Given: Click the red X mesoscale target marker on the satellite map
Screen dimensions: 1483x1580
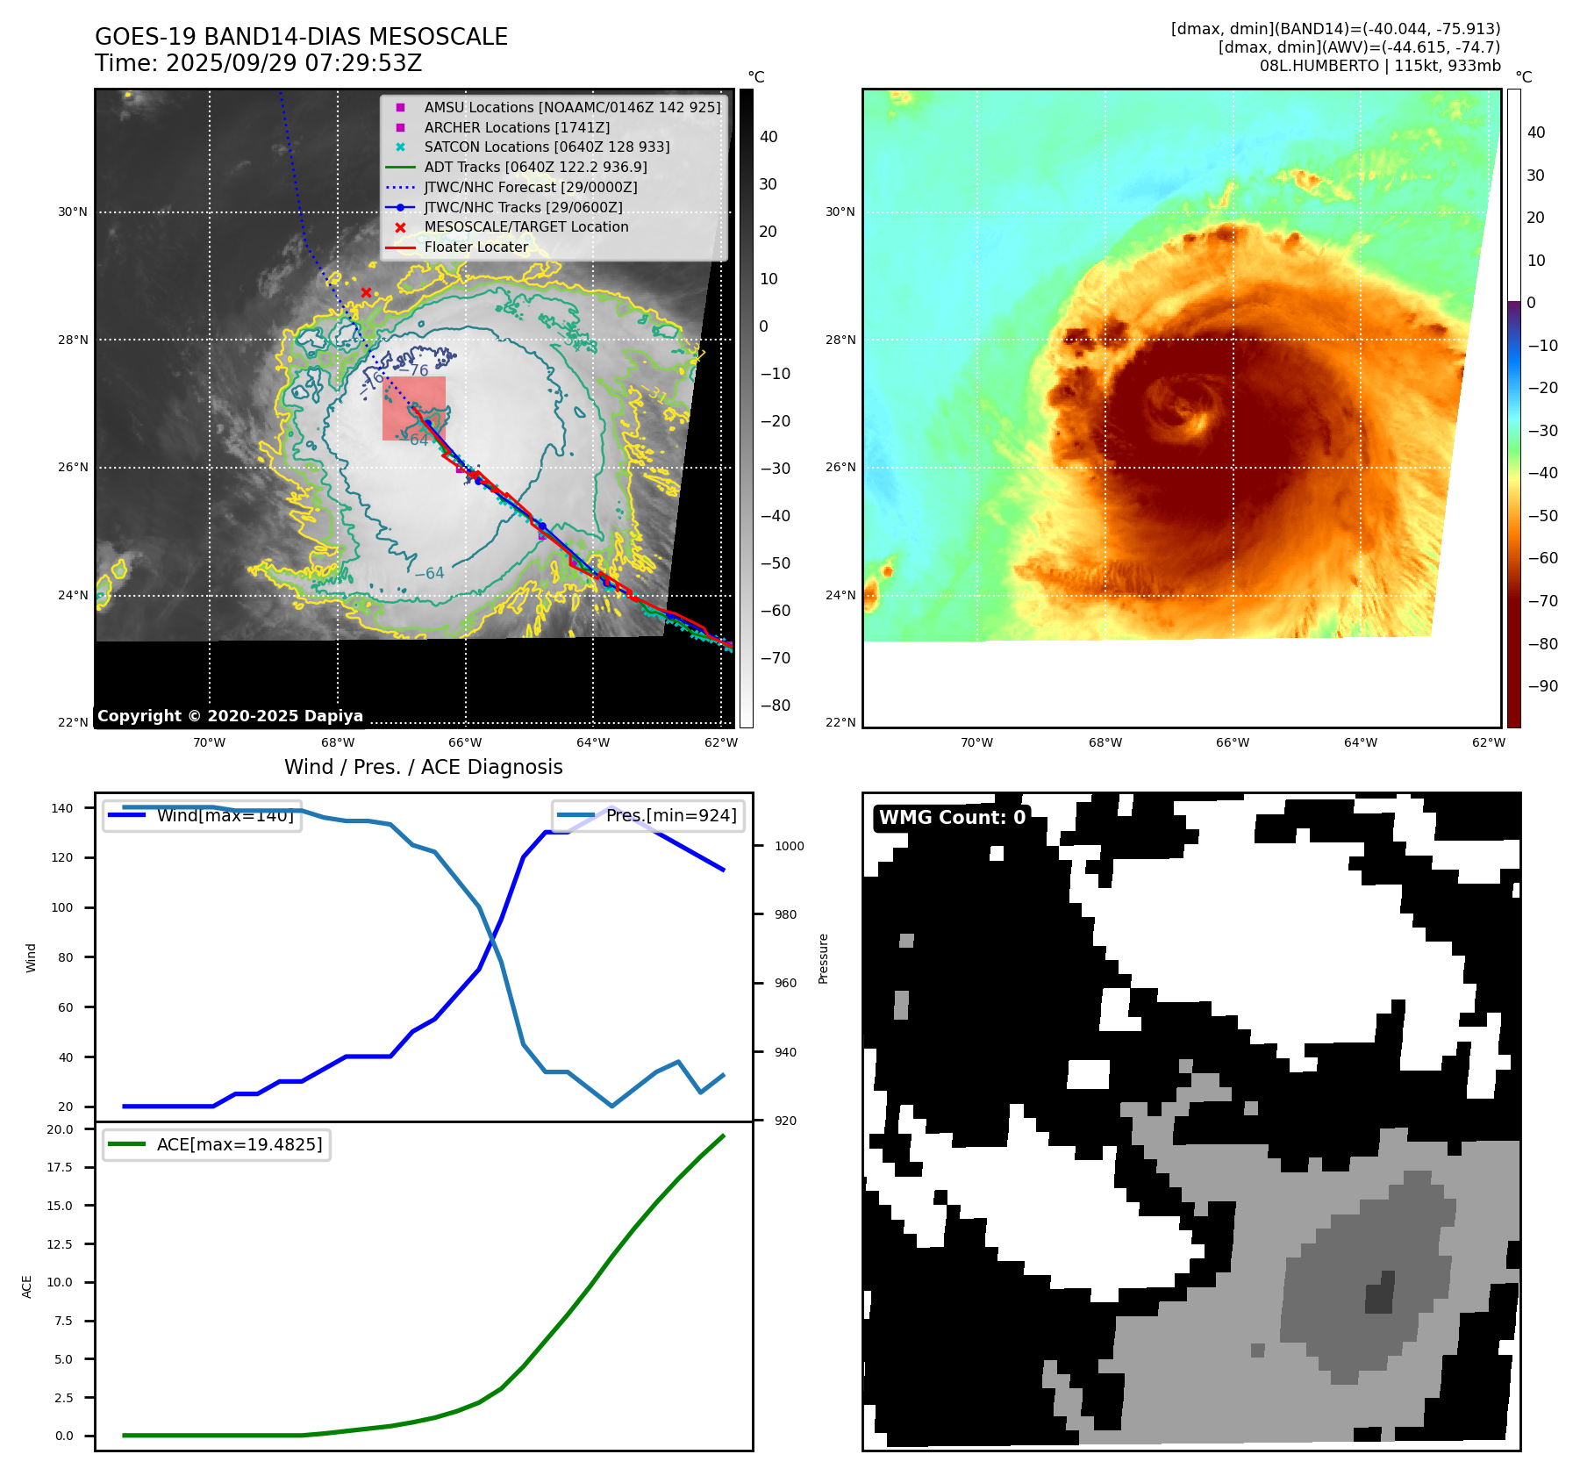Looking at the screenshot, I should (x=366, y=293).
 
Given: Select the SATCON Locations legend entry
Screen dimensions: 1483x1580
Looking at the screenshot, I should (x=546, y=147).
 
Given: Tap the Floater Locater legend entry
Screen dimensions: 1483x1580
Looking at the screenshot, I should (x=475, y=247).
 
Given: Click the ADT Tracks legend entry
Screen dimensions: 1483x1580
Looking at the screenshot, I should (x=535, y=167).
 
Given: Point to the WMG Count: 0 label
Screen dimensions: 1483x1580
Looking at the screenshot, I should (x=952, y=818).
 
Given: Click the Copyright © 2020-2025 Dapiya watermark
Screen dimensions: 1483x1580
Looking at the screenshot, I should (x=230, y=716).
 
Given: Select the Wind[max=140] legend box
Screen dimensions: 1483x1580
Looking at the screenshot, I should (x=202, y=816).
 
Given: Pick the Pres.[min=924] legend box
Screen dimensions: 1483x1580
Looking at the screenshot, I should (x=648, y=816).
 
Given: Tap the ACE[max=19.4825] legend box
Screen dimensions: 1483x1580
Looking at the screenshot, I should (x=217, y=1144).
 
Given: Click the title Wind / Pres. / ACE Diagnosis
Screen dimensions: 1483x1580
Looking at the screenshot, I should (x=424, y=767).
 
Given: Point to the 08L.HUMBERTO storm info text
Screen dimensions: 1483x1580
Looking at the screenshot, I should (x=1379, y=66).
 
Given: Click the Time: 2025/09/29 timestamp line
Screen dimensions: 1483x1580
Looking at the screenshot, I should (x=259, y=64).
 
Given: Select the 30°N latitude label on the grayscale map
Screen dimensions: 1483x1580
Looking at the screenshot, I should (x=73, y=211).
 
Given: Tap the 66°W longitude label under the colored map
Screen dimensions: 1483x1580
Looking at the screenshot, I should (x=1233, y=742).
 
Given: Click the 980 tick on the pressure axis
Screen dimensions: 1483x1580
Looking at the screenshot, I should (x=785, y=914).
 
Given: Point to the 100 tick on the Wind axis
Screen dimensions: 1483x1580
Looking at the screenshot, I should (x=62, y=907).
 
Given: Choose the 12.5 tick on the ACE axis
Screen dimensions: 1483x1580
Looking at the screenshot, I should (x=60, y=1244).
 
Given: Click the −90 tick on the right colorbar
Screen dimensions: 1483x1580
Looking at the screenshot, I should (x=1542, y=686).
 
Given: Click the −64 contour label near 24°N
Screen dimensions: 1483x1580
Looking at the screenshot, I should (x=429, y=573).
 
